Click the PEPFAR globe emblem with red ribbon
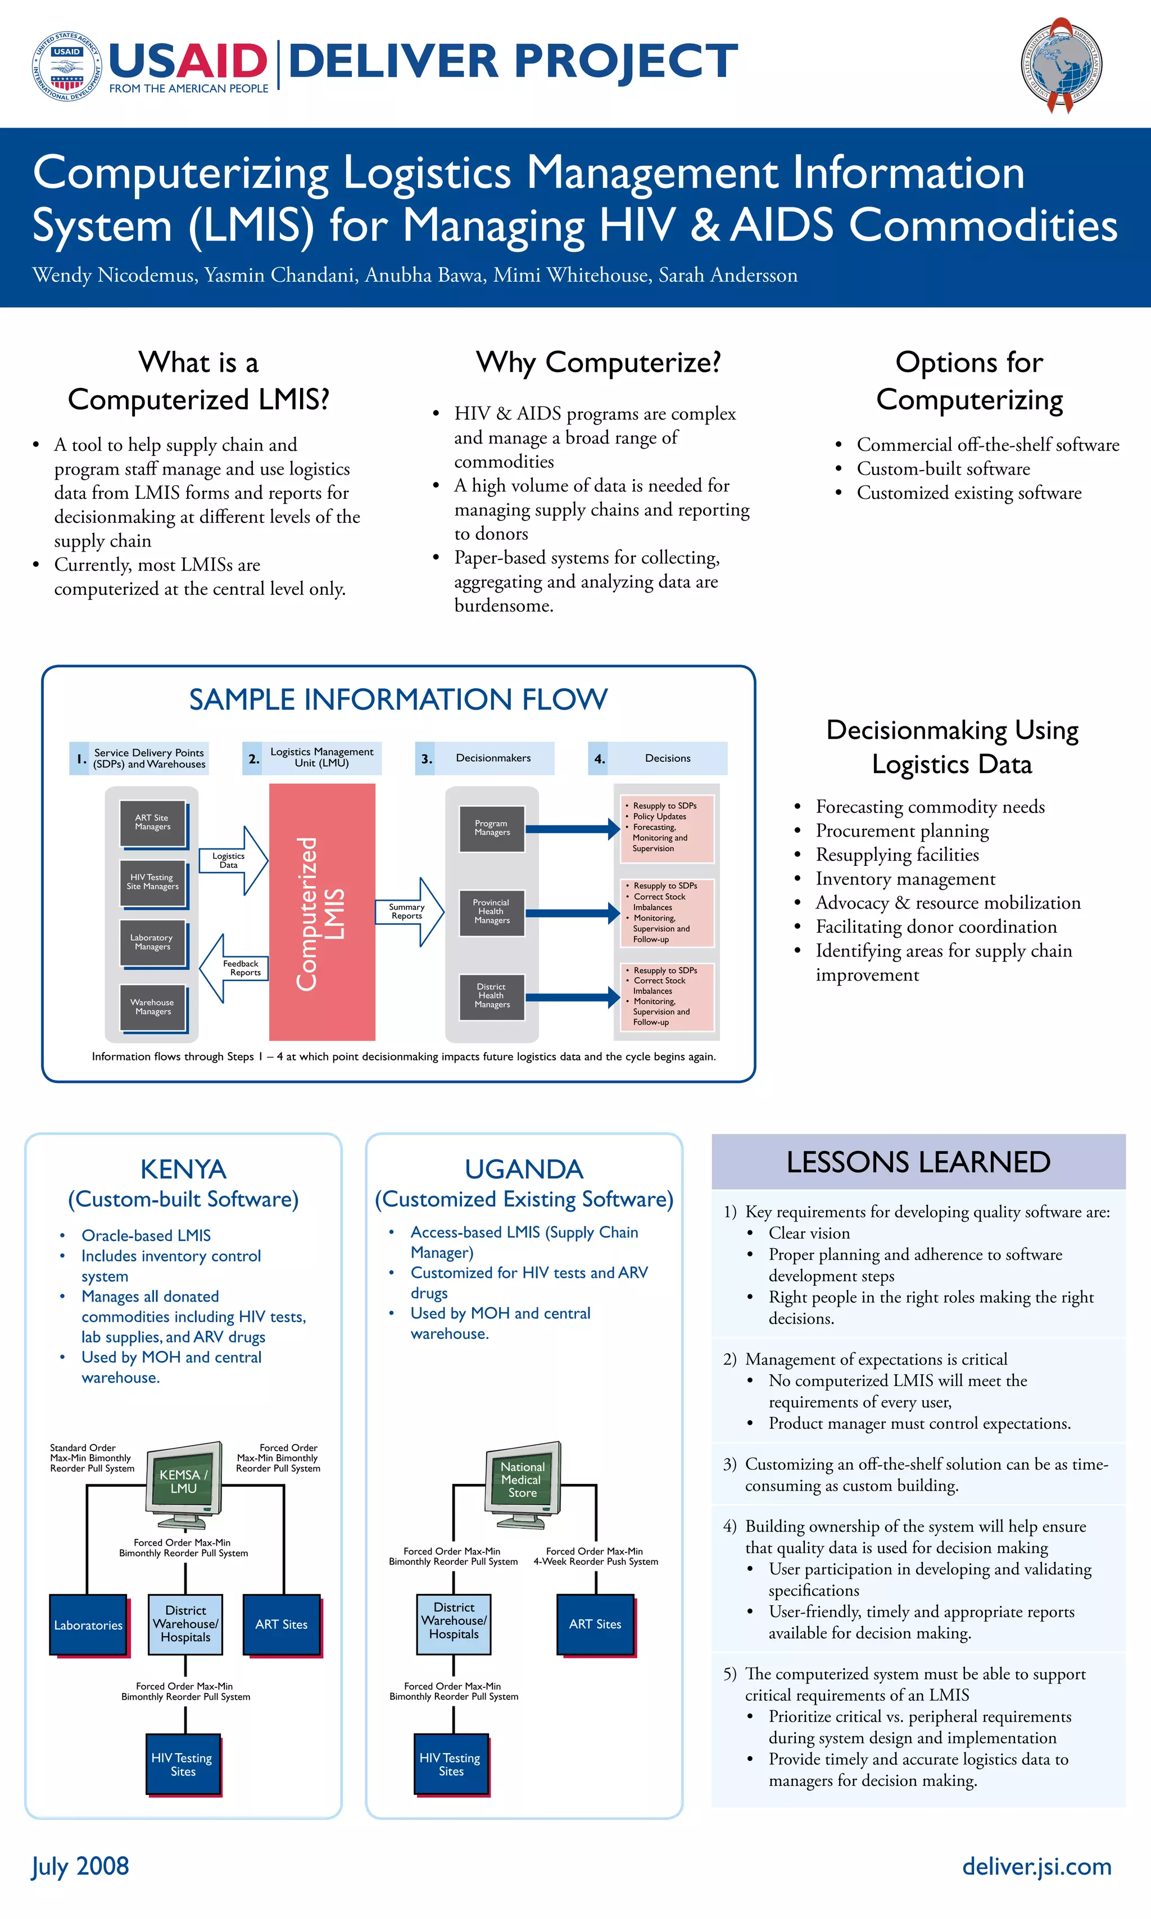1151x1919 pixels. coord(1061,65)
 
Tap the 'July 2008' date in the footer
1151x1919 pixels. coord(80,1866)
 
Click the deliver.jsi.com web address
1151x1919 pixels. coord(1036,1866)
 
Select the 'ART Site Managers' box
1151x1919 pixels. coord(153,823)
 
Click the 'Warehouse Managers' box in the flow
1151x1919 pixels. coord(153,1007)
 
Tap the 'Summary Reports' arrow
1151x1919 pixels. coord(409,912)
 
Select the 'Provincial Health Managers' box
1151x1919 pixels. coord(492,912)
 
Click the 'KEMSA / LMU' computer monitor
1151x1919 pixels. coord(184,1482)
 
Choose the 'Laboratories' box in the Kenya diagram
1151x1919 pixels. coord(88,1625)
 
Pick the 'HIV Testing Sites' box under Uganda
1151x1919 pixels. coord(451,1764)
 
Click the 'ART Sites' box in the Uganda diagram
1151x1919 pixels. coord(595,1624)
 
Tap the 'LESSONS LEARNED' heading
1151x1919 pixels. coord(918,1162)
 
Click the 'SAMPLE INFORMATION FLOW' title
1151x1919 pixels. coord(398,699)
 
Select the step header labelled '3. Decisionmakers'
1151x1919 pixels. coord(485,758)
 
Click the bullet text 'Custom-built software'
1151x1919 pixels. coord(943,469)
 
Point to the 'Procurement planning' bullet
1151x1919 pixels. coord(902,830)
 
